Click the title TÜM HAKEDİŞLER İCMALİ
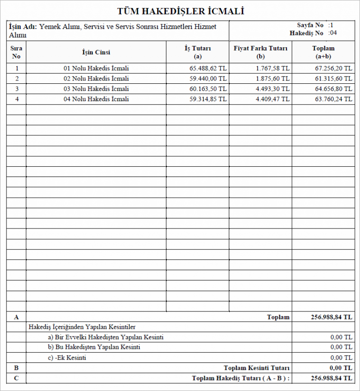(x=180, y=11)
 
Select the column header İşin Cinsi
(x=96, y=52)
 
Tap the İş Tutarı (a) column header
(x=197, y=52)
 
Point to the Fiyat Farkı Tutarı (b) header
(x=261, y=52)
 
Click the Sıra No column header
(x=16, y=52)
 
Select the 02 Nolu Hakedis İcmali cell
(x=96, y=79)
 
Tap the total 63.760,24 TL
(x=333, y=99)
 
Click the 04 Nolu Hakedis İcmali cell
(x=96, y=99)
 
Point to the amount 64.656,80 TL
(x=333, y=89)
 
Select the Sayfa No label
(x=310, y=25)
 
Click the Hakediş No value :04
(x=333, y=33)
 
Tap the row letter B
(x=16, y=368)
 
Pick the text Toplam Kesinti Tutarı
(x=256, y=368)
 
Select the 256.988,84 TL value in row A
(x=331, y=317)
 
